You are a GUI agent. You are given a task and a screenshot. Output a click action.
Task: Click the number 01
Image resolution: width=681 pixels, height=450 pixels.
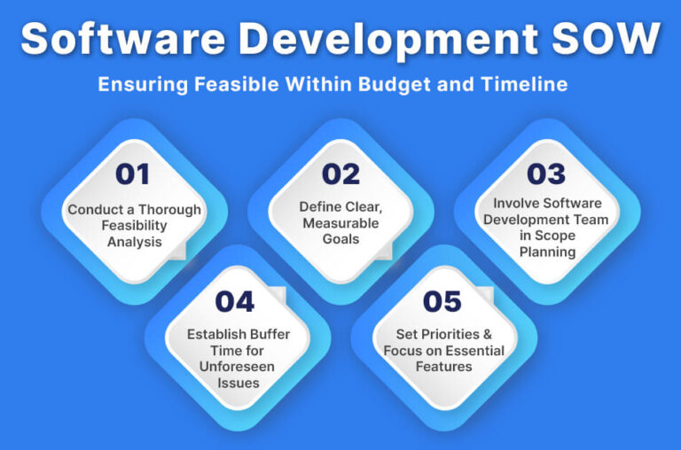132,175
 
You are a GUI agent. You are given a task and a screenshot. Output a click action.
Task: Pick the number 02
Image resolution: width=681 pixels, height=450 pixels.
340,175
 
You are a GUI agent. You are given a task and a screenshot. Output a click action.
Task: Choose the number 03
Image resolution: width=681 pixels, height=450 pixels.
547,175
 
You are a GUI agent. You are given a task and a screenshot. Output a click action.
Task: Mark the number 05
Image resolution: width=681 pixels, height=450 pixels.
443,301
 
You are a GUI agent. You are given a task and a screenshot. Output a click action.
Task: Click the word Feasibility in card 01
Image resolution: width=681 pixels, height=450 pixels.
135,226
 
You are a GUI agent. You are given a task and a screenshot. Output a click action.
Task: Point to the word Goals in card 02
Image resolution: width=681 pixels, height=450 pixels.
340,240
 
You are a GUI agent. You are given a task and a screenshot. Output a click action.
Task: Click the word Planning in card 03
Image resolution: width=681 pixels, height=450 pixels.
547,252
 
